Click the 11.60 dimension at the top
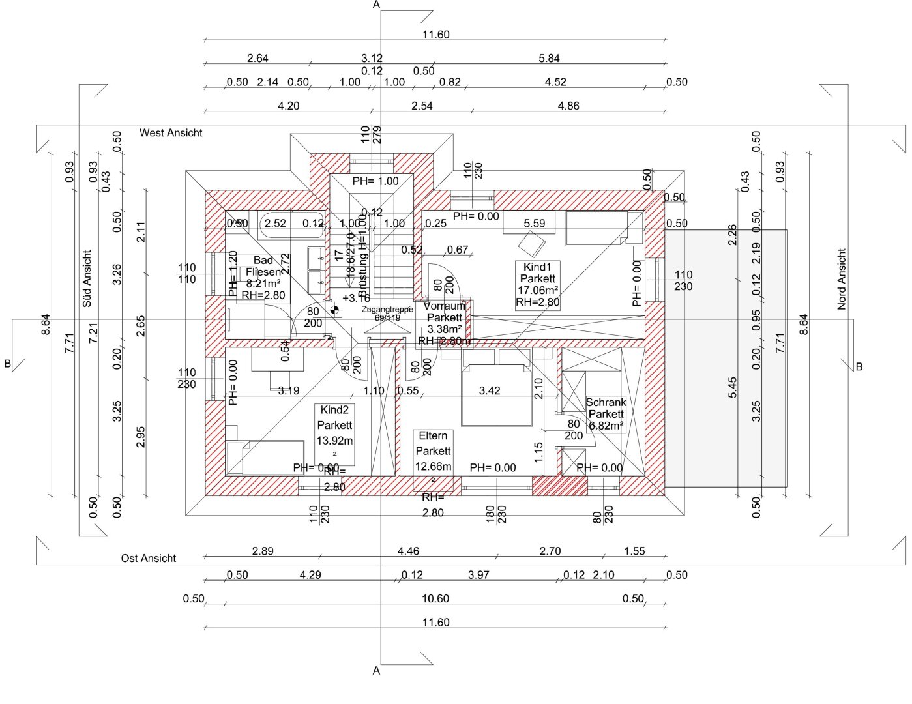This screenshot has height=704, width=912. coord(435,35)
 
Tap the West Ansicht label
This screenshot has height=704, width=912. coord(171,133)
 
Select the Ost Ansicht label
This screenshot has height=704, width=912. coord(149,559)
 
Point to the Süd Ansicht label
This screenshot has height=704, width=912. coord(87,278)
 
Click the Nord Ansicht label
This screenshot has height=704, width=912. coord(842,279)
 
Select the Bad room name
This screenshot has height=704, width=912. coord(263,261)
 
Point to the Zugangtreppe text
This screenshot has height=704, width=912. coord(388,310)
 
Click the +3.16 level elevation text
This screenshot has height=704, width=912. coord(356,299)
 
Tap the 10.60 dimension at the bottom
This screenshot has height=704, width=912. coord(435,599)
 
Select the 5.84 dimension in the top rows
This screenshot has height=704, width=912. coord(549,59)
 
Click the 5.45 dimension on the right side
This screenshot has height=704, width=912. coord(733,388)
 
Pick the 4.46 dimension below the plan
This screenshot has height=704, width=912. coord(408,551)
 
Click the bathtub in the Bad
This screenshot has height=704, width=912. coord(291,225)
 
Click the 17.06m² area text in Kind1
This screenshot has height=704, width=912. coord(538,291)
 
